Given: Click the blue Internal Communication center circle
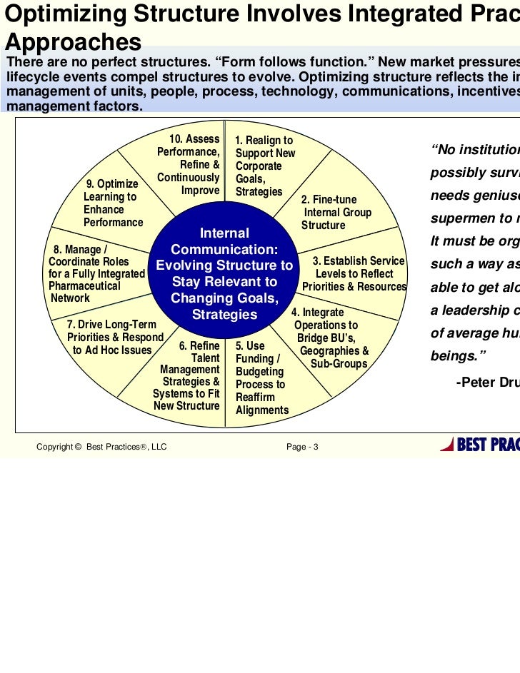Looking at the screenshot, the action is (224, 274).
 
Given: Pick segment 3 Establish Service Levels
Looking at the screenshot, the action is (354, 274).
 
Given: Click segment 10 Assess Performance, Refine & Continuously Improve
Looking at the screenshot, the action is (189, 165).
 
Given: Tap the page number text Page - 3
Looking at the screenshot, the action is (303, 447).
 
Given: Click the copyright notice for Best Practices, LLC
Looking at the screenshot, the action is (101, 447).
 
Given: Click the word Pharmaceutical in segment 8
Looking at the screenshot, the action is (84, 286).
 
